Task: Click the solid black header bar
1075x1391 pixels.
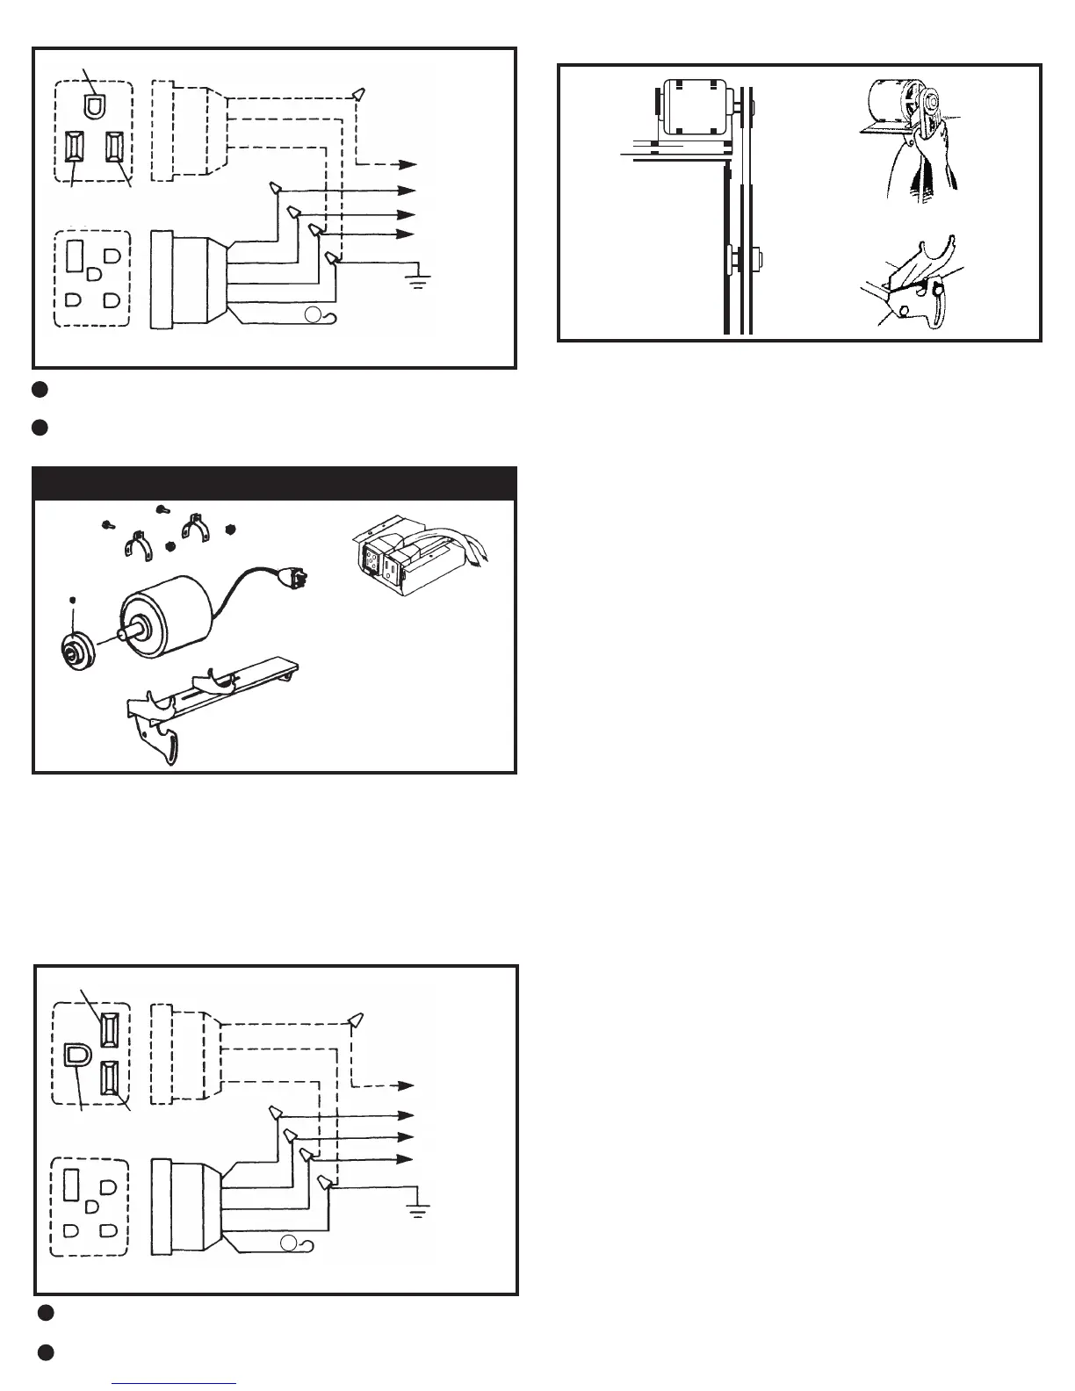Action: pos(274,484)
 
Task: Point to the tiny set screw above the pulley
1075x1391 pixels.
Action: pos(73,601)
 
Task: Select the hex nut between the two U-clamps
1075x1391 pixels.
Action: pos(170,545)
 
